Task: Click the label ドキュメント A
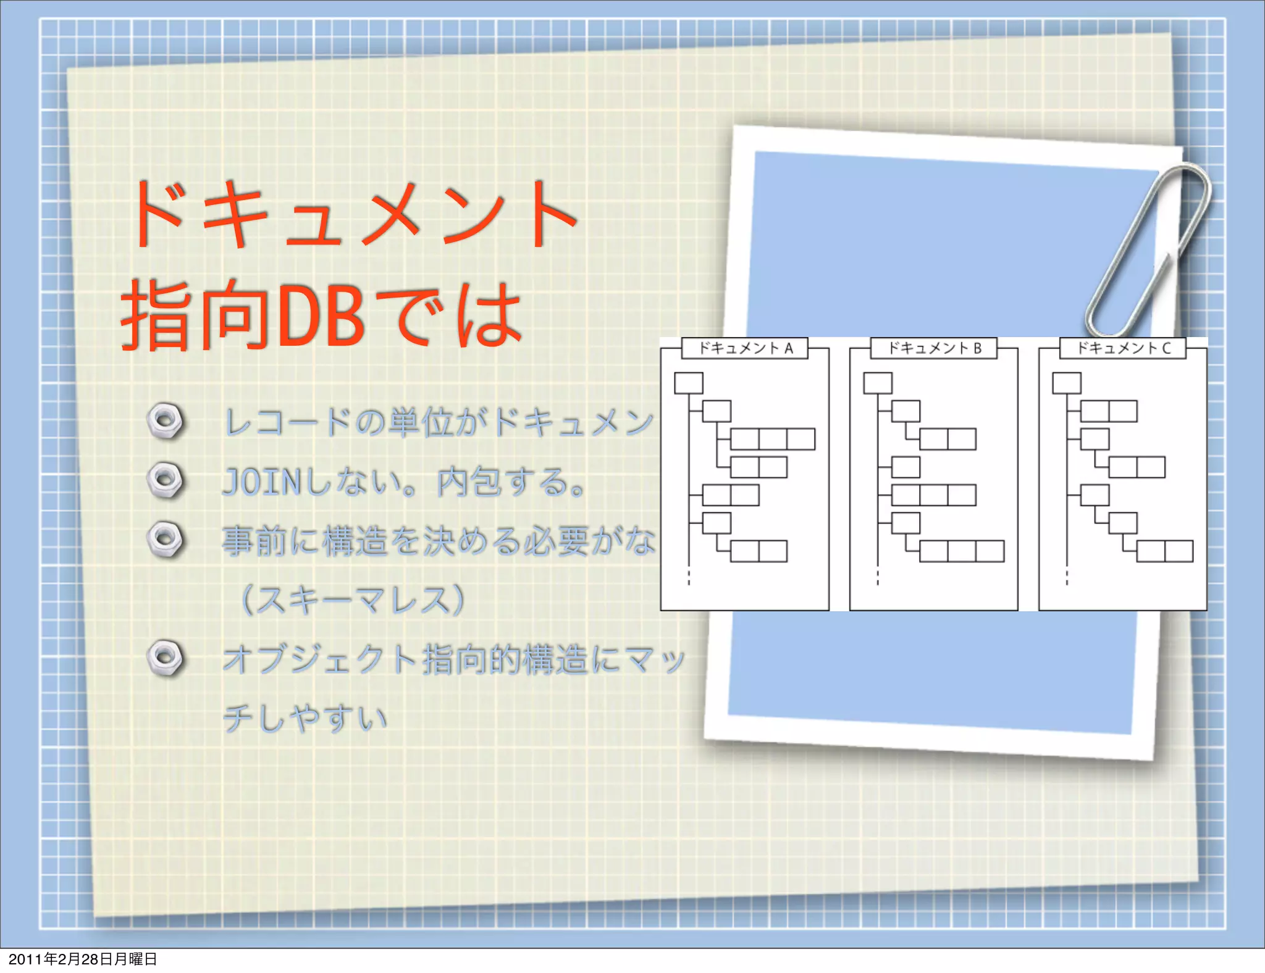[x=745, y=348]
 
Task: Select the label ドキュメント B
[x=934, y=348]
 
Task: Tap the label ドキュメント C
[x=1123, y=348]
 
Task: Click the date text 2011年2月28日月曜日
[x=83, y=959]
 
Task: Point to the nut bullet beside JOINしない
[x=166, y=480]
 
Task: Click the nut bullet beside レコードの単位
[x=166, y=421]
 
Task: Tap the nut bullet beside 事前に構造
[x=166, y=539]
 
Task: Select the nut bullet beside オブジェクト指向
[x=166, y=658]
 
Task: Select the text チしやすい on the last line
[x=305, y=718]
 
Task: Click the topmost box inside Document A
[x=689, y=383]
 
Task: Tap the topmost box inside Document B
[x=878, y=383]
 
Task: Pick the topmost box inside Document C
[x=1067, y=383]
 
